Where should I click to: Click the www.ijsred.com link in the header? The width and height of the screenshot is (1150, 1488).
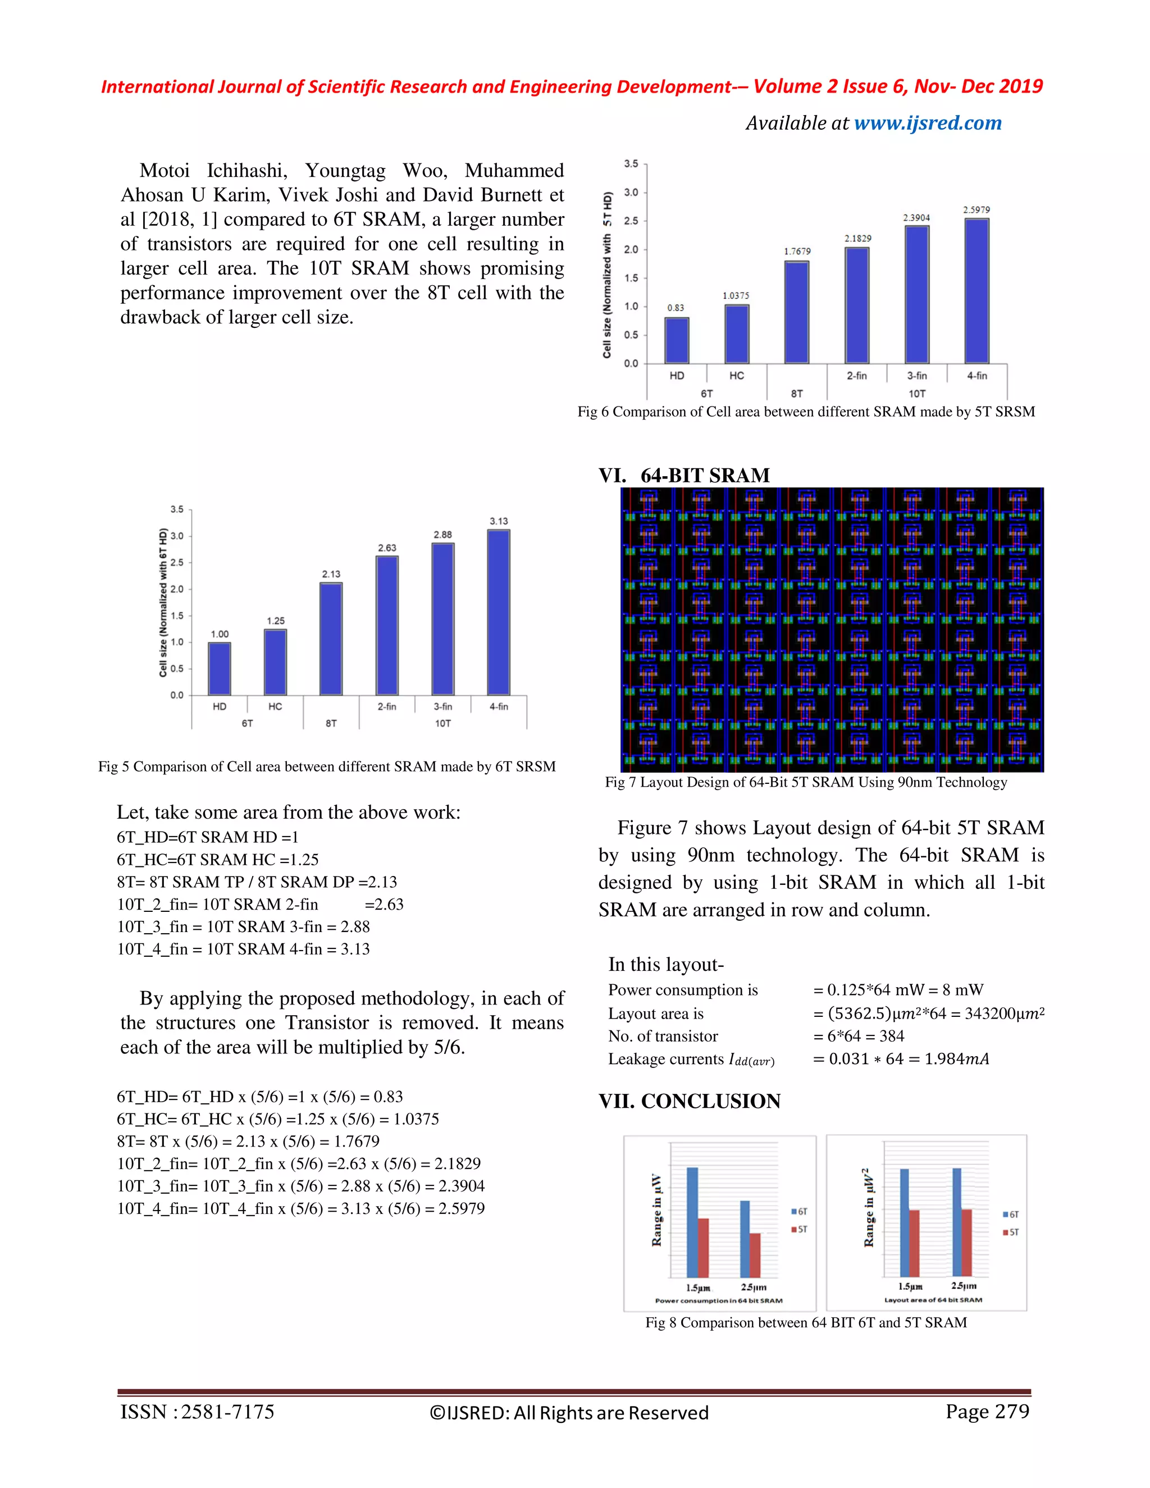[x=927, y=124]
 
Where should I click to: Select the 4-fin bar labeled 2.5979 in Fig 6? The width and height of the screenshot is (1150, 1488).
[x=976, y=291]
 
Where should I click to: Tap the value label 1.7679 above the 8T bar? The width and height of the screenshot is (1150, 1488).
[x=797, y=252]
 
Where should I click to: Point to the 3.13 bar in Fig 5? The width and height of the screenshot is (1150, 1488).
[x=499, y=612]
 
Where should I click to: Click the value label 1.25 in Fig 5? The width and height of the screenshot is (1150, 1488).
[x=275, y=620]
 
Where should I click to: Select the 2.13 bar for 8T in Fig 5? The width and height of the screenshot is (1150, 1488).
[x=331, y=638]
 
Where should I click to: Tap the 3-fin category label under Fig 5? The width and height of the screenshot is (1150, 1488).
[x=443, y=706]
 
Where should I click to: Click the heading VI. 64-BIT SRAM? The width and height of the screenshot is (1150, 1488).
[x=684, y=475]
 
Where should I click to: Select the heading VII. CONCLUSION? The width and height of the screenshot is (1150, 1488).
[x=690, y=1102]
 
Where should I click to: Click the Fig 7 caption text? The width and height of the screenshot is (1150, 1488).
[x=806, y=782]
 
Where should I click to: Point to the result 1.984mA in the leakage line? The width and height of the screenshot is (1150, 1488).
[x=956, y=1059]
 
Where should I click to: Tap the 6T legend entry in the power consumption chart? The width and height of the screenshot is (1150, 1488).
[x=799, y=1211]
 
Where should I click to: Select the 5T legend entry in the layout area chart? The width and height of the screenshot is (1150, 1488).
[x=1011, y=1232]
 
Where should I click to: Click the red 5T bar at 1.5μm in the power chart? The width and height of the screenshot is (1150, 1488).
[x=703, y=1248]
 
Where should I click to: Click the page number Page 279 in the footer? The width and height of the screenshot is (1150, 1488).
[x=987, y=1411]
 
